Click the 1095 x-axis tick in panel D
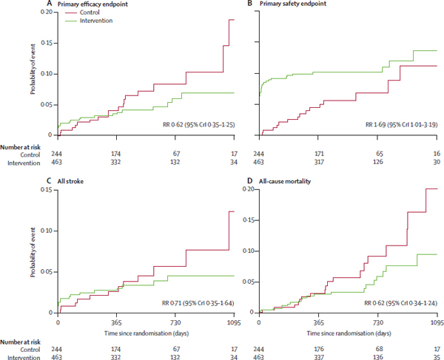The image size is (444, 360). (437, 322)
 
